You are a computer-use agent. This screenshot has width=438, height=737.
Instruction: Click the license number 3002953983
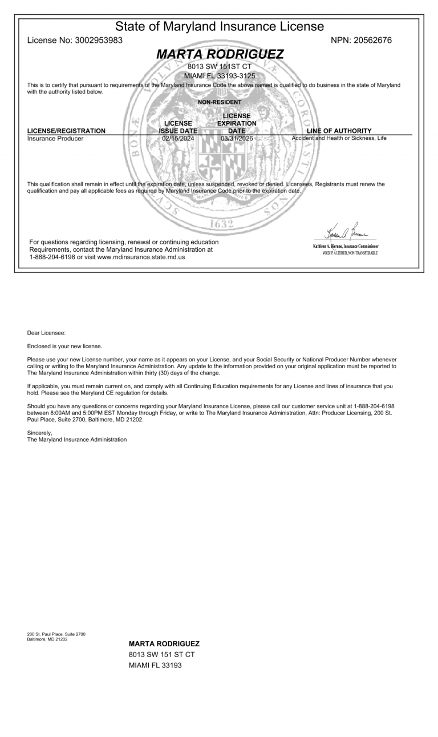coord(102,40)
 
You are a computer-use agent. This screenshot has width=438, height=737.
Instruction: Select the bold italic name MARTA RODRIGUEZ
coord(220,55)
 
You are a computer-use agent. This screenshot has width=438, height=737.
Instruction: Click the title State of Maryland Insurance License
coord(220,26)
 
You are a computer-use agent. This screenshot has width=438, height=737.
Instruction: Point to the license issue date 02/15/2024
coord(178,139)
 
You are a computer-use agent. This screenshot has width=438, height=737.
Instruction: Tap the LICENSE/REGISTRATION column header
coord(67,131)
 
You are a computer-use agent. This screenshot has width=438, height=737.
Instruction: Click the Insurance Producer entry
coord(55,139)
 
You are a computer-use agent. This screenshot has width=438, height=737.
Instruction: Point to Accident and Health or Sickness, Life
coord(346,139)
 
